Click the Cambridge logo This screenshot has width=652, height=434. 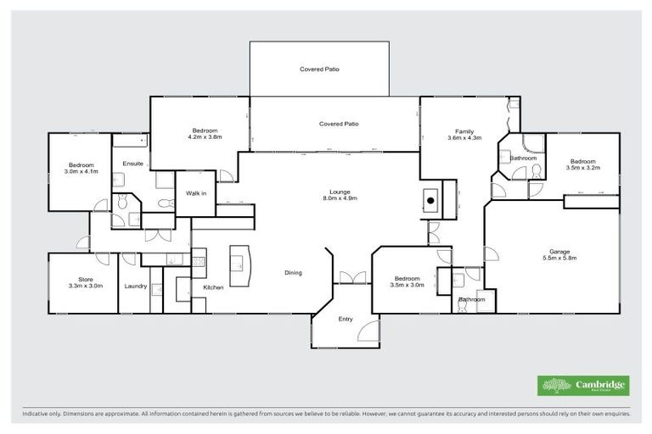tap(583, 386)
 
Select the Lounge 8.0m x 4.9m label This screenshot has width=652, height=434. tap(340, 195)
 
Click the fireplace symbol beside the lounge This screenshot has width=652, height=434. tap(430, 201)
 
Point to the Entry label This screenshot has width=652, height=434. tap(345, 320)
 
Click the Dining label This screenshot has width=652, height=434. tap(293, 272)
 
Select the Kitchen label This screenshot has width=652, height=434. tap(213, 287)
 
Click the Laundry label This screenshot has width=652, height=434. tap(136, 287)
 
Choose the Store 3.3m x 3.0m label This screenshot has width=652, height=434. tap(85, 283)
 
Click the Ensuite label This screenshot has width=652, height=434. tap(133, 163)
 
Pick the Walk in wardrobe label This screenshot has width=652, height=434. tap(196, 193)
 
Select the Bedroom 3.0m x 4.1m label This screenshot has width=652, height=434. tap(81, 168)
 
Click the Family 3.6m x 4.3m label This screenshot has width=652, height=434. tap(464, 134)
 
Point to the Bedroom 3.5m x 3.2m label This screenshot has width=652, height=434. tap(583, 164)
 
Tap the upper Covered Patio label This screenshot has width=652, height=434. tap(319, 69)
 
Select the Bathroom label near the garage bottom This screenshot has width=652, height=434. tap(472, 299)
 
